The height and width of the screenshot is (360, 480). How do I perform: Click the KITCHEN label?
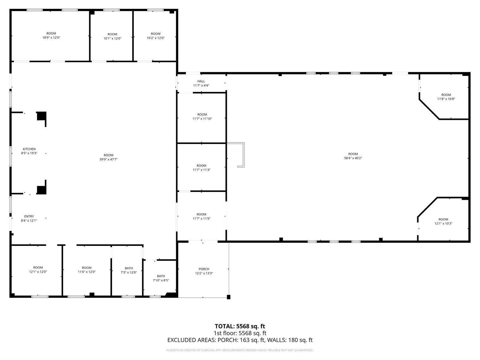(x=29, y=149)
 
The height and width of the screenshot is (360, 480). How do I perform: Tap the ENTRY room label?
(x=29, y=217)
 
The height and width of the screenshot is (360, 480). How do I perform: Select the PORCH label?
(x=204, y=269)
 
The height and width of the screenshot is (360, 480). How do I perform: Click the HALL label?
(x=201, y=82)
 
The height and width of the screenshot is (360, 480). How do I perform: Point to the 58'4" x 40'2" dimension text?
(x=353, y=158)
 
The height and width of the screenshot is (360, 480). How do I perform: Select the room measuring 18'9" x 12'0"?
(x=51, y=36)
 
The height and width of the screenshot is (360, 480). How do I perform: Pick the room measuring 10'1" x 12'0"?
(x=112, y=36)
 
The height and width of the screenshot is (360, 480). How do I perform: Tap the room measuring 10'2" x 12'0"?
(x=155, y=36)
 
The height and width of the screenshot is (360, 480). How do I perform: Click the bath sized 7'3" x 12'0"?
(x=129, y=270)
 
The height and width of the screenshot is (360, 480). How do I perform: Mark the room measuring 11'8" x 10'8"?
(x=446, y=97)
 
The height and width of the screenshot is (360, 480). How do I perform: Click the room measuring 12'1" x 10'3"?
(x=443, y=221)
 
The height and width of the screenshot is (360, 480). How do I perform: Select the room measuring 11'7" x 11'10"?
(x=202, y=117)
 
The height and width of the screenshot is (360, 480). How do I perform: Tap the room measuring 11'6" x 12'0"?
(x=87, y=270)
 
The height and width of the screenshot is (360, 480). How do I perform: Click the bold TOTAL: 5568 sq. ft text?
(x=240, y=326)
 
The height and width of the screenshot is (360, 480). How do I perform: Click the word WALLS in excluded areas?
(x=276, y=340)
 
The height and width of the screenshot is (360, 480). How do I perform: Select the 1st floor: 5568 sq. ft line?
(x=240, y=333)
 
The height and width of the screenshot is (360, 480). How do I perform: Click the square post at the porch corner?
(x=228, y=297)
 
